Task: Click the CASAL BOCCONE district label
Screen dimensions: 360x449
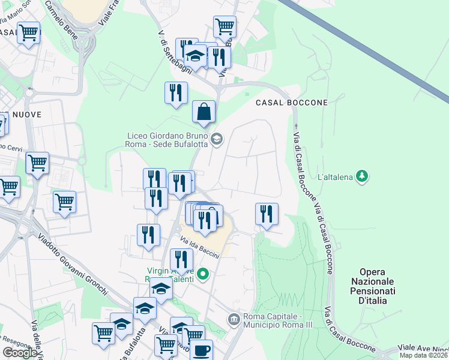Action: pyautogui.click(x=292, y=103)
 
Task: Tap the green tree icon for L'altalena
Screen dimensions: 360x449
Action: pyautogui.click(x=361, y=176)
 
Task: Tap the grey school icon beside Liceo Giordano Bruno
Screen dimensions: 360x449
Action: pyautogui.click(x=217, y=140)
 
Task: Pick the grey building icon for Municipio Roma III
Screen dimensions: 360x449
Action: pyautogui.click(x=234, y=317)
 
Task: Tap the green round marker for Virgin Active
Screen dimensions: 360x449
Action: pyautogui.click(x=203, y=275)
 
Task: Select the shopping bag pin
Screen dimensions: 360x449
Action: pyautogui.click(x=203, y=112)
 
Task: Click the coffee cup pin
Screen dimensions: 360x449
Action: pyautogui.click(x=201, y=350)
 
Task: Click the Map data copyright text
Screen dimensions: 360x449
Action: pyautogui.click(x=423, y=355)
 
